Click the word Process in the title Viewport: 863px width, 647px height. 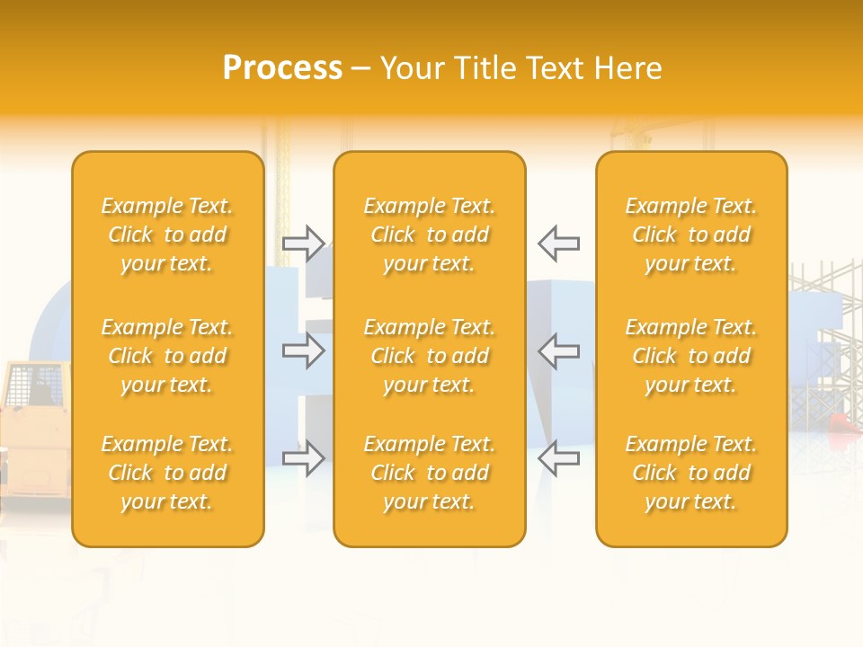point(282,67)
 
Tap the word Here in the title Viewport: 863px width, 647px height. point(628,68)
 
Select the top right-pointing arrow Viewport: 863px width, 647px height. point(303,243)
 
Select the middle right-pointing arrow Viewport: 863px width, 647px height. point(303,350)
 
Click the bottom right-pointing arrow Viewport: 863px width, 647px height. point(303,458)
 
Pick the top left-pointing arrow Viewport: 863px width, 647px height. point(559,243)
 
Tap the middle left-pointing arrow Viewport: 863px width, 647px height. point(559,350)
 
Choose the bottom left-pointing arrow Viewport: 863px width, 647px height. point(559,458)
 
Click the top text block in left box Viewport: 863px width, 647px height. point(167,235)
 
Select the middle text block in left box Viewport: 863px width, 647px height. point(167,356)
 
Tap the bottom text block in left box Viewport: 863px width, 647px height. point(167,473)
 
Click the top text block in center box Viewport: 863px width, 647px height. point(430,235)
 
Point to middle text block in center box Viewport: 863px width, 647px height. point(430,356)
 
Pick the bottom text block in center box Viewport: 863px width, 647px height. point(430,473)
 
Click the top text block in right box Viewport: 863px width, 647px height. point(691,235)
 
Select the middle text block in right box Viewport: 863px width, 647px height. point(691,356)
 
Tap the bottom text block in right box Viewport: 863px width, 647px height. point(691,473)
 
